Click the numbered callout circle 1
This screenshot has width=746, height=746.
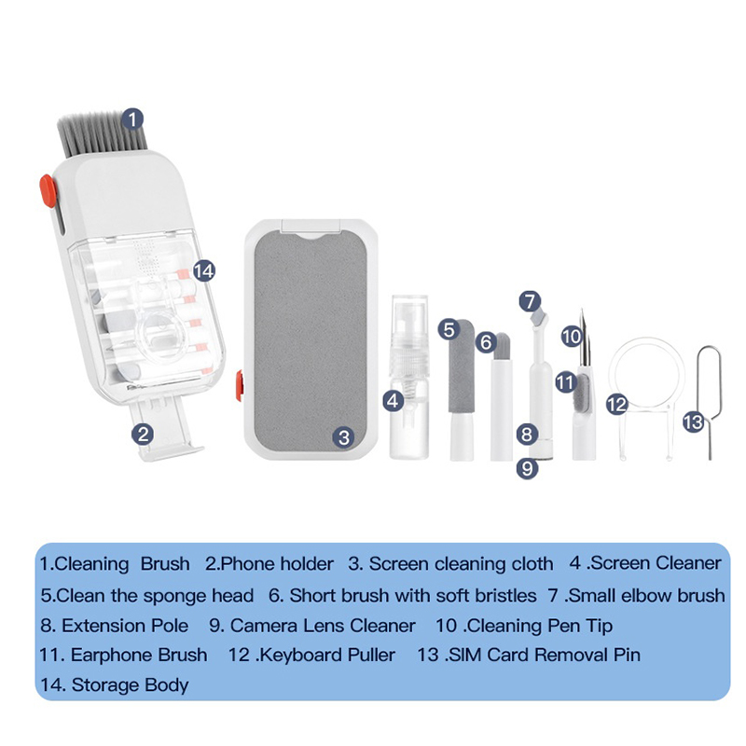(x=132, y=119)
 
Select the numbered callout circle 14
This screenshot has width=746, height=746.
(x=204, y=271)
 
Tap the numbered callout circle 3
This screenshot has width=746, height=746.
(x=344, y=437)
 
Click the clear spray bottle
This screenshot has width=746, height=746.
(x=409, y=376)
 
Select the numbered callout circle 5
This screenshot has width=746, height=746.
(x=449, y=330)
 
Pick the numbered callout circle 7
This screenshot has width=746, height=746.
(x=530, y=301)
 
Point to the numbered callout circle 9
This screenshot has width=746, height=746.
(x=527, y=469)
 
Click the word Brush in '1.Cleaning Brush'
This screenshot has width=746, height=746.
(x=165, y=564)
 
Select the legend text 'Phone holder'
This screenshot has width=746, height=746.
(x=277, y=564)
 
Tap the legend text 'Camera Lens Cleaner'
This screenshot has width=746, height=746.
(x=323, y=626)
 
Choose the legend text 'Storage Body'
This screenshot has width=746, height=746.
(x=130, y=685)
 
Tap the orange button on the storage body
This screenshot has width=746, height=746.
(x=48, y=191)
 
